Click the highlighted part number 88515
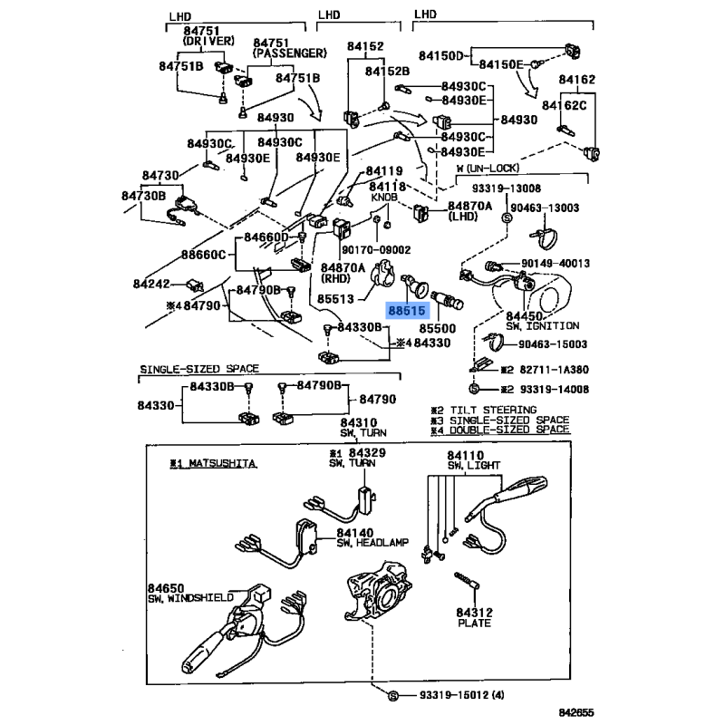click(x=407, y=311)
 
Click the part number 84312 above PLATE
click(x=473, y=612)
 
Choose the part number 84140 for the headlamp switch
click(x=355, y=535)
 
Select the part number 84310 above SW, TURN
click(x=359, y=423)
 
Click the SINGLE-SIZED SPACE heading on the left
click(x=198, y=369)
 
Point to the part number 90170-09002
click(x=375, y=250)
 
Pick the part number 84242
click(x=150, y=284)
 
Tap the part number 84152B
click(x=388, y=70)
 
